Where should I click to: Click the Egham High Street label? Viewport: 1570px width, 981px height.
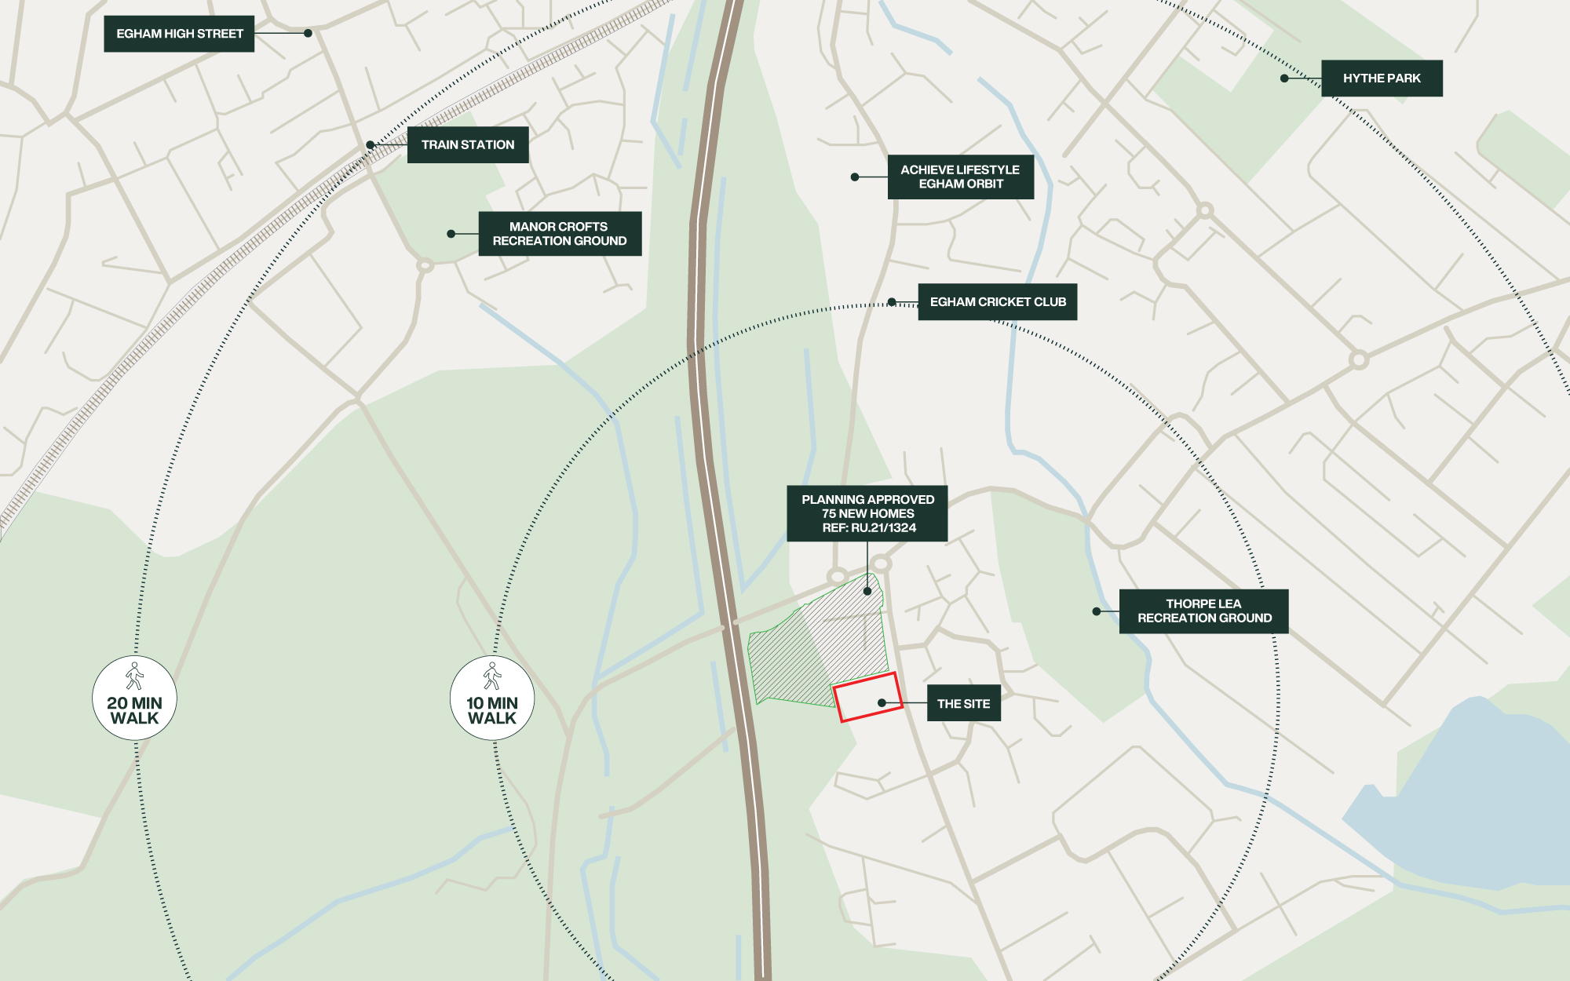pos(179,34)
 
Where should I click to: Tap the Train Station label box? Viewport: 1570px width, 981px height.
pos(468,145)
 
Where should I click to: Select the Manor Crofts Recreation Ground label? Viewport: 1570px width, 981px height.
pos(560,234)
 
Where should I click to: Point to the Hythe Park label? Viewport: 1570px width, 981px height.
pos(1382,78)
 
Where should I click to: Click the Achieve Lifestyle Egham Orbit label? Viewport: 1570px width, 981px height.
pos(960,177)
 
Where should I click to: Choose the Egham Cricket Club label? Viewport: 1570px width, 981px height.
pos(998,302)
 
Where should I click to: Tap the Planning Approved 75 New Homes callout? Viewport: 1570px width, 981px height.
pos(867,513)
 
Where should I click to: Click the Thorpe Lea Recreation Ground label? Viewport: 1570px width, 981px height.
pos(1204,611)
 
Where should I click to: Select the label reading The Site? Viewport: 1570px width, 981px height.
pos(963,704)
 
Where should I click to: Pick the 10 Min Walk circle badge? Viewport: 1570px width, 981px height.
pos(492,698)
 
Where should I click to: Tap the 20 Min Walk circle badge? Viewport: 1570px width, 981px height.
pos(134,698)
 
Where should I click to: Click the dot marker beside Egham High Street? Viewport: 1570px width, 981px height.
pos(309,34)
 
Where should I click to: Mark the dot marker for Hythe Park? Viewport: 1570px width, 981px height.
pos(1284,78)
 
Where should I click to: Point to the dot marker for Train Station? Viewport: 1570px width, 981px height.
pos(371,145)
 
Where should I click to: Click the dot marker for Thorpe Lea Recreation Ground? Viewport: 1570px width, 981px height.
pos(1097,611)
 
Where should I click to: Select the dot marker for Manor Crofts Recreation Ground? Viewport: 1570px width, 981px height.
pos(451,234)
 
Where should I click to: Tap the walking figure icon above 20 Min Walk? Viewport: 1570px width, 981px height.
pos(134,676)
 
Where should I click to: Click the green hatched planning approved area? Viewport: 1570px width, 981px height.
pos(793,659)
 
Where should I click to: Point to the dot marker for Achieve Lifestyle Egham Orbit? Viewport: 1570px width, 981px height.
pos(855,177)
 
